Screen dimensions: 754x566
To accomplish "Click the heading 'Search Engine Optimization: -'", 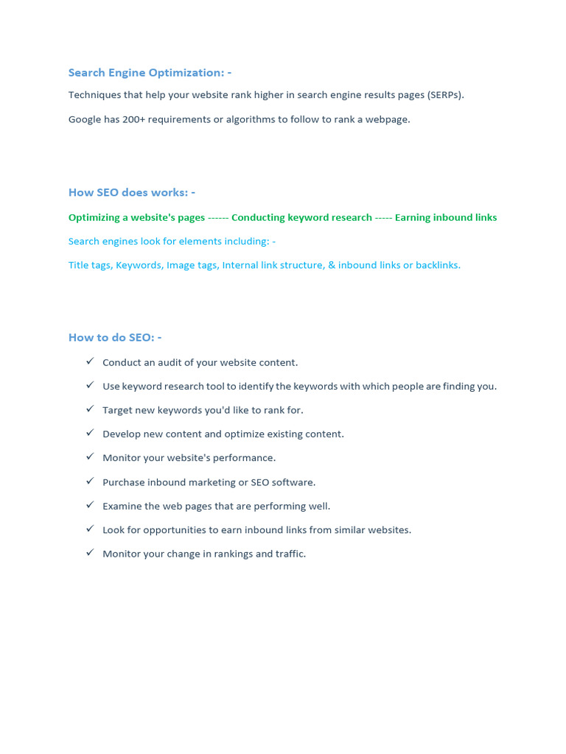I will click(x=150, y=72).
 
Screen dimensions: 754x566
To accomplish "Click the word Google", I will click(x=85, y=119).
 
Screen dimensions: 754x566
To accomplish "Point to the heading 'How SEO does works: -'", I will click(x=131, y=192).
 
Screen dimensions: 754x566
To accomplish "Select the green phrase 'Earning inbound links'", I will click(x=446, y=217).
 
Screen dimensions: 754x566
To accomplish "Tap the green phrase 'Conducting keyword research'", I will click(x=301, y=217).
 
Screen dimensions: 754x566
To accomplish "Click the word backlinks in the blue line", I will click(x=437, y=265).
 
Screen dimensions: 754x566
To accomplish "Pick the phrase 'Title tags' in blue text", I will click(x=89, y=265).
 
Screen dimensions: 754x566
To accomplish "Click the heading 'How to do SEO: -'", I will click(x=114, y=337).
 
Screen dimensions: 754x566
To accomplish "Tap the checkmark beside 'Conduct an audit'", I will click(x=90, y=361).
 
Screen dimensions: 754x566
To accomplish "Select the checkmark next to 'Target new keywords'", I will click(x=90, y=409).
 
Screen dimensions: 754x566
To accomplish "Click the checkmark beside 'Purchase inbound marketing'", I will click(x=90, y=481).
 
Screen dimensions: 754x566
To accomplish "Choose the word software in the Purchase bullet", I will click(x=293, y=482).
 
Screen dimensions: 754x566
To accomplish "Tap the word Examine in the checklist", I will click(x=121, y=506).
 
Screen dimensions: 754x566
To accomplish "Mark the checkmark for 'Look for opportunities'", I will click(x=90, y=528).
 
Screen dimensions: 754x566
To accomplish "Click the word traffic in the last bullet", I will click(x=289, y=554).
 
